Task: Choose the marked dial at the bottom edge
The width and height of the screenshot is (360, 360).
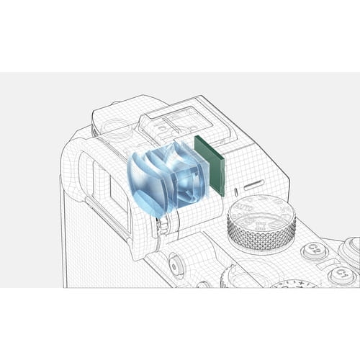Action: (295, 284)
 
